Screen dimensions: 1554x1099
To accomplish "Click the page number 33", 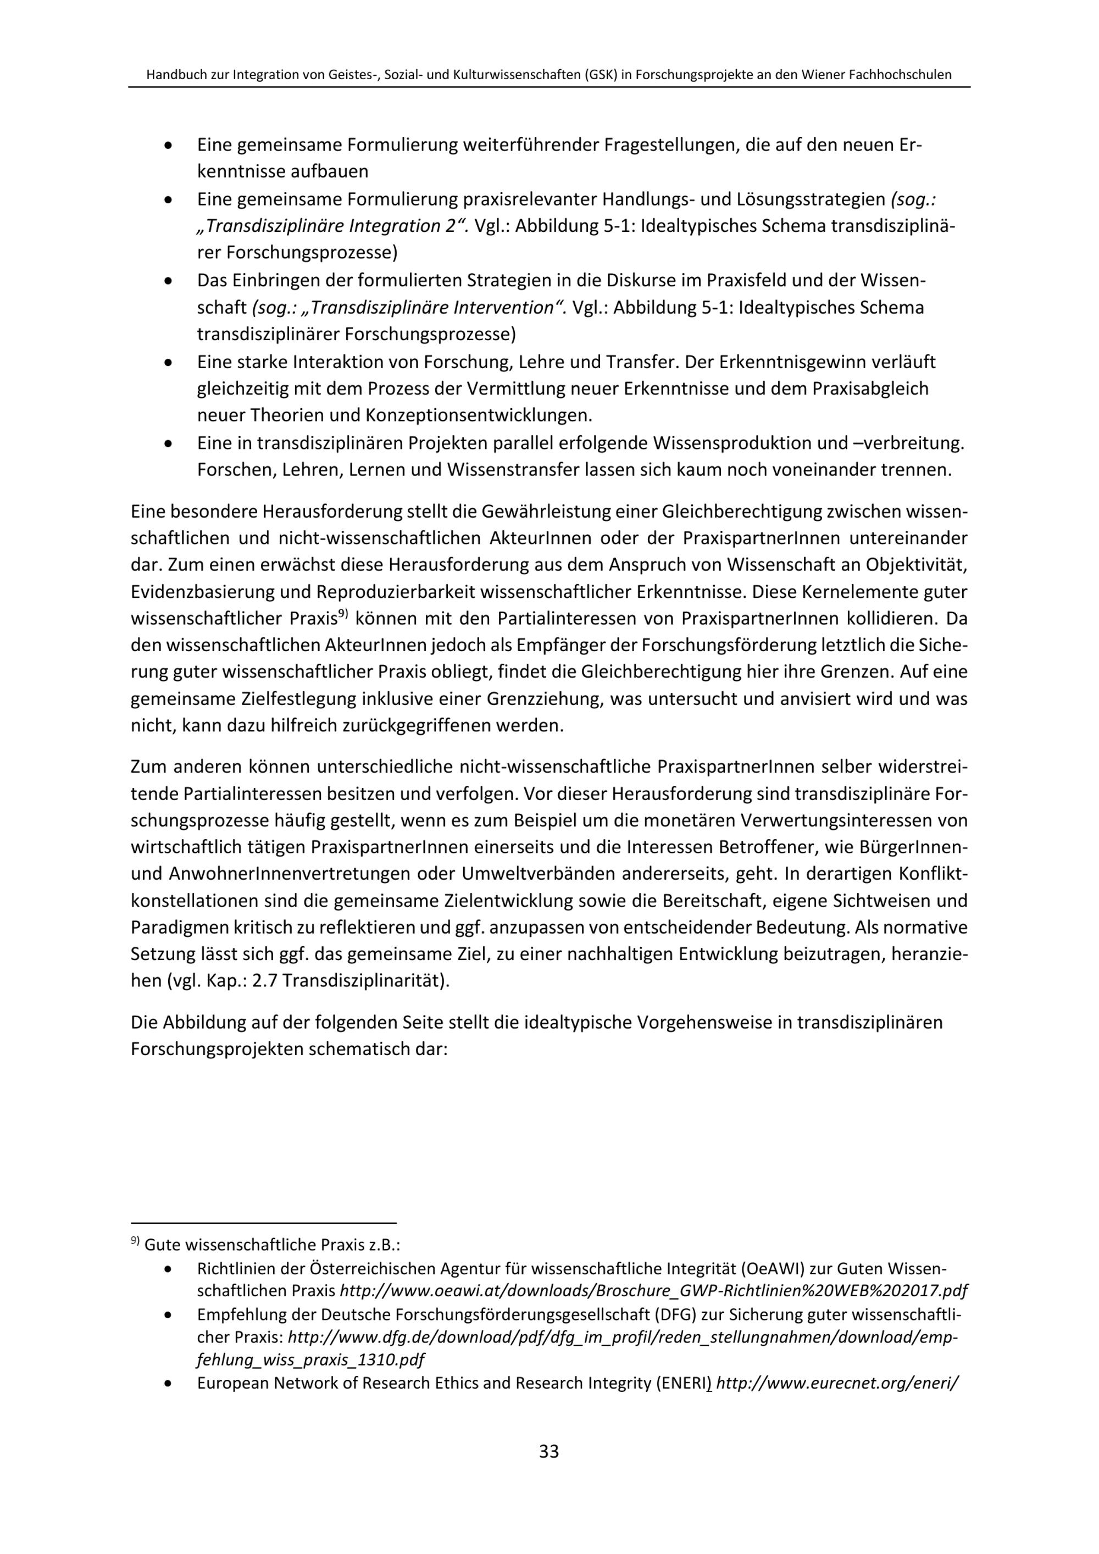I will tap(549, 1451).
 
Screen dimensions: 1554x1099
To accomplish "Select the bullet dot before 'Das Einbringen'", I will tap(168, 281).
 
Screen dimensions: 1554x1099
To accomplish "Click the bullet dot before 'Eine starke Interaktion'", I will tap(168, 363).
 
